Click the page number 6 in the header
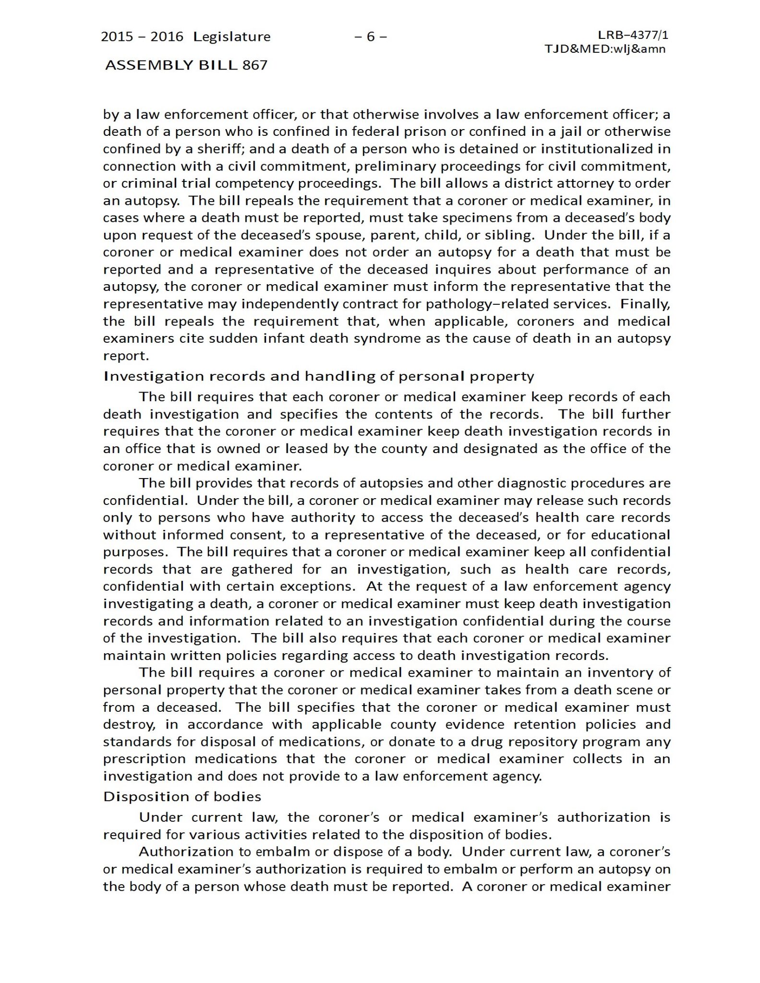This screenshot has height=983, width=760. [x=370, y=37]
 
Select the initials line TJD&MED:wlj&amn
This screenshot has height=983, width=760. [x=605, y=49]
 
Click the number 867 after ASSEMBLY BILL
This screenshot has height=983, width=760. [x=255, y=65]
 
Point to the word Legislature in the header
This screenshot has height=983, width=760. [x=232, y=37]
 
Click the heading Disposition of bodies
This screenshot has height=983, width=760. [x=182, y=797]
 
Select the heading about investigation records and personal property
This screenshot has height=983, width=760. [x=318, y=376]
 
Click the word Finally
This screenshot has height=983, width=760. [x=645, y=304]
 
